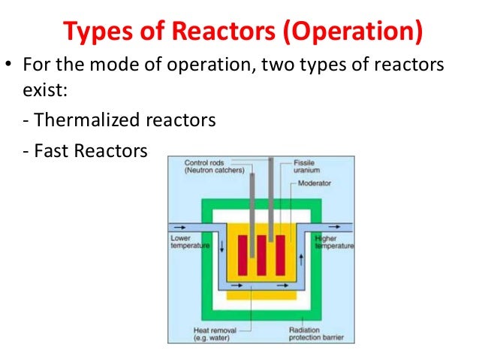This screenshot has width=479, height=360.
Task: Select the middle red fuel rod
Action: (261, 255)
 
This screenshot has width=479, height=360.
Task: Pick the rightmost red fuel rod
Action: (280, 255)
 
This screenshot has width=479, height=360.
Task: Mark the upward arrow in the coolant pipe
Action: (300, 259)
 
